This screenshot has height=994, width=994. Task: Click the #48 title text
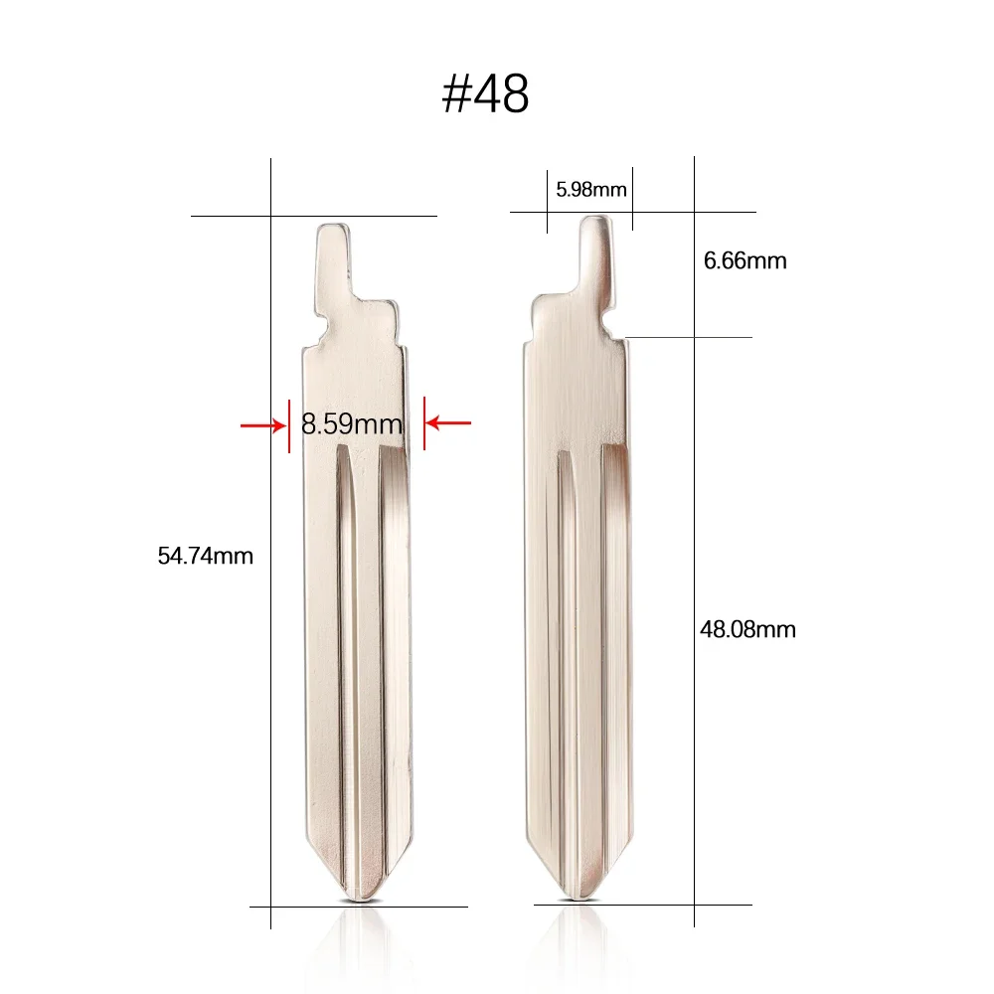pyautogui.click(x=485, y=93)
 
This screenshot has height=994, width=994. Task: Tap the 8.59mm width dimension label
pyautogui.click(x=352, y=425)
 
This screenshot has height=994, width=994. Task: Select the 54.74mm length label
pyautogui.click(x=206, y=557)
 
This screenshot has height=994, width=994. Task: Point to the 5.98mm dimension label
pyautogui.click(x=591, y=189)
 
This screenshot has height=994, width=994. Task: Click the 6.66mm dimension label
pyautogui.click(x=745, y=261)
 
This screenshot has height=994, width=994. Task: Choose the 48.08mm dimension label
pyautogui.click(x=748, y=629)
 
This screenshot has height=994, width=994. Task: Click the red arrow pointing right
pyautogui.click(x=262, y=425)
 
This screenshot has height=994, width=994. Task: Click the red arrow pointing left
pyautogui.click(x=448, y=424)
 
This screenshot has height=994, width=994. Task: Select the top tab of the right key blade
pyautogui.click(x=595, y=248)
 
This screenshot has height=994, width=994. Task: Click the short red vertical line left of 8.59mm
pyautogui.click(x=289, y=425)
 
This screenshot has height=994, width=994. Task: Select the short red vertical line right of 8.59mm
pyautogui.click(x=424, y=423)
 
